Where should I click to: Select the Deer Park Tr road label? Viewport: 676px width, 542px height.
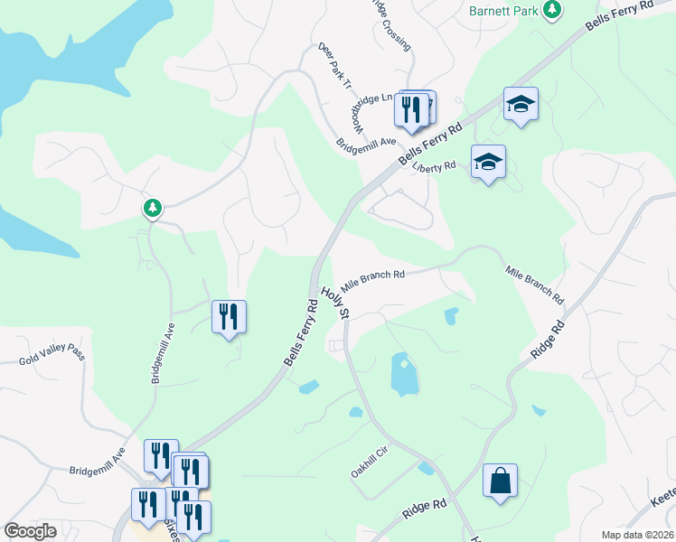pos(334,67)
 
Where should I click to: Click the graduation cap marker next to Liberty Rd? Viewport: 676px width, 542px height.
pos(488,163)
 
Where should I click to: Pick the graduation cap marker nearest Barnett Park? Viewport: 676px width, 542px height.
pos(521,104)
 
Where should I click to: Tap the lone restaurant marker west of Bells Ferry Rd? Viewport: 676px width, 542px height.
pos(229,316)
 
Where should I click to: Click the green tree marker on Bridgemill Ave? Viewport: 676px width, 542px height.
pos(153,209)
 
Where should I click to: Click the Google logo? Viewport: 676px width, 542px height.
pos(31,530)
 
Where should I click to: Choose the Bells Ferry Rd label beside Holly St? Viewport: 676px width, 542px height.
pos(302,333)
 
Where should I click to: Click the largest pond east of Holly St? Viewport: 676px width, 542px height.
pos(404,374)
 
